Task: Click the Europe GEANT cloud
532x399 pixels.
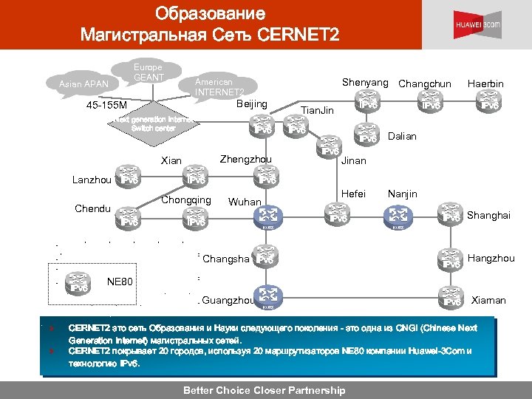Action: tap(149, 72)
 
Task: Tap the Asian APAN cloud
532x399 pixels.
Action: tap(83, 84)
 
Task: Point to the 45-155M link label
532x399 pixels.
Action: tap(107, 105)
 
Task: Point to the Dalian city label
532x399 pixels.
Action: tap(402, 136)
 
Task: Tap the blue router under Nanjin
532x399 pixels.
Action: tap(398, 216)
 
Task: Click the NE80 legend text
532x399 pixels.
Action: tap(120, 282)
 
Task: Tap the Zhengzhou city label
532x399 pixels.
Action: tap(246, 160)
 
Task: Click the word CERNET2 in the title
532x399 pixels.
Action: tap(299, 33)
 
